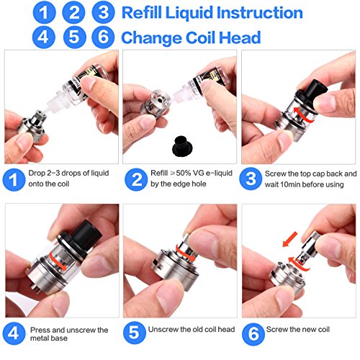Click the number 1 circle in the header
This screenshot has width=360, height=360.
[x=44, y=12]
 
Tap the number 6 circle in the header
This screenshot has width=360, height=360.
[x=103, y=37]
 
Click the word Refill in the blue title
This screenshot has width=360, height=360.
[x=142, y=12]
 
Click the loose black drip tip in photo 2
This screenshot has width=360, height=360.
[x=180, y=146]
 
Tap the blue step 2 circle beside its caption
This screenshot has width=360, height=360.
[x=136, y=179]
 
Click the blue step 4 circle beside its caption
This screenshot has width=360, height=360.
[x=14, y=333]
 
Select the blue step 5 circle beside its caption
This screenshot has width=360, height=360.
[x=135, y=333]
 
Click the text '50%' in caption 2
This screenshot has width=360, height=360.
[x=184, y=173]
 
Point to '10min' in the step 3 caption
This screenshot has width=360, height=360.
[x=294, y=184]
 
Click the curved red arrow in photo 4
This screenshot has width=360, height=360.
[x=58, y=262]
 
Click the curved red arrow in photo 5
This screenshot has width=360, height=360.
[x=185, y=253]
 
